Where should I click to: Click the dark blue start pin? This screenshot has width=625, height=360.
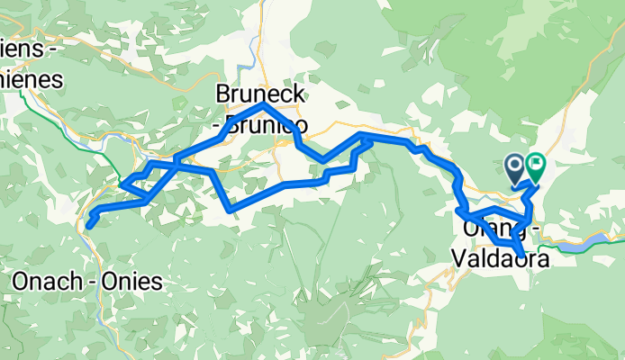click(515, 167)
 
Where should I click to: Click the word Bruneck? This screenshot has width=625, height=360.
click(261, 94)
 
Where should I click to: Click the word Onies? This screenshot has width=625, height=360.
click(134, 282)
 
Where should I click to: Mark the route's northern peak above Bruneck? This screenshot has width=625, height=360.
click(262, 105)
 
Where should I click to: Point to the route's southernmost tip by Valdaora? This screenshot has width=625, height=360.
click(519, 253)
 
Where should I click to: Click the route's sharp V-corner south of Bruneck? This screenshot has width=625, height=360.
click(231, 209)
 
